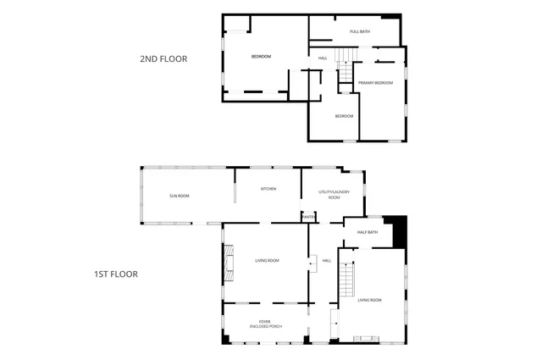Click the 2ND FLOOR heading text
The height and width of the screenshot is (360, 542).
point(163,59)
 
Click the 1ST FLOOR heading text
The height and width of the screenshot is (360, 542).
point(115,274)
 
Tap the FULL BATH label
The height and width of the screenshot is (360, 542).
point(361,31)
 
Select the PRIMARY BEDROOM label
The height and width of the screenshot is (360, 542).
point(375,82)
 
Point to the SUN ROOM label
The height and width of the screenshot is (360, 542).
point(179,196)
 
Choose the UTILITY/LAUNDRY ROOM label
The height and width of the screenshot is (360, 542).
point(328,195)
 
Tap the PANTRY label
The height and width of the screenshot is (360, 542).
point(308,218)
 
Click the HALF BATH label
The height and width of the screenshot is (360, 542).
point(367,232)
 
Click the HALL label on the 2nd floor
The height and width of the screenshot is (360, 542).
point(323,58)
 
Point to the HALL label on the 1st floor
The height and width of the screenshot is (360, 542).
point(326,260)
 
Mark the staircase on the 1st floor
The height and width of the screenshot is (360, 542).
point(346,276)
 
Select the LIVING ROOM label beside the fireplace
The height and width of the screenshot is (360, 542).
point(267,260)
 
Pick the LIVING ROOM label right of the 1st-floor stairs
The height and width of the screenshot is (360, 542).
point(370,300)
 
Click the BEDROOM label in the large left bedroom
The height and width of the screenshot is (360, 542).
point(261,57)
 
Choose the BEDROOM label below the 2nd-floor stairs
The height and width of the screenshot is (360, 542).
point(344,115)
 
